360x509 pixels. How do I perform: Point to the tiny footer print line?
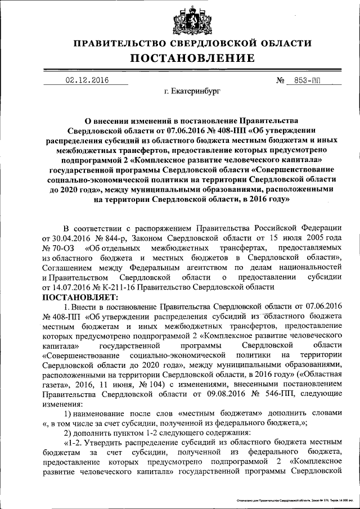click(295, 499)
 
